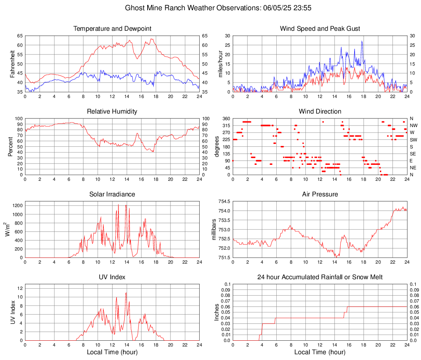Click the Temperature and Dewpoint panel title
112,29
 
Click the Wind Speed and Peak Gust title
320,29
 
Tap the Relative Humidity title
112,112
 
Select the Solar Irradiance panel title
112,194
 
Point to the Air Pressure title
320,194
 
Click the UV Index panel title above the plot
112,277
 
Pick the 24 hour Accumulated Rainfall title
320,277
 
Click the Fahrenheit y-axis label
12,64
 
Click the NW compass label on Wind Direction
413,125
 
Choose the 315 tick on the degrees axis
225,125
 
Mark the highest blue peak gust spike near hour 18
362,41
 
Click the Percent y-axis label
11,146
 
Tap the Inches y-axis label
217,312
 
